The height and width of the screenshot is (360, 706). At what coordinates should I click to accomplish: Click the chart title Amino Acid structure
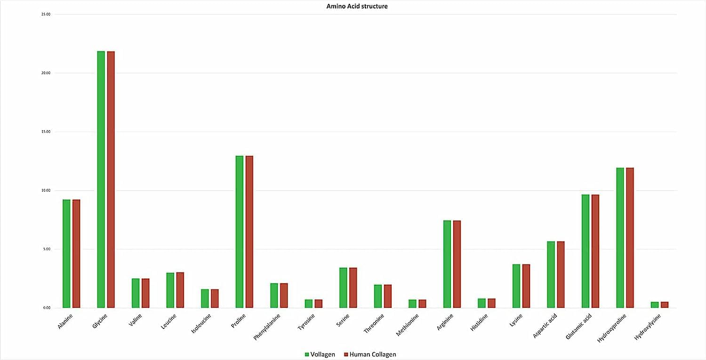tap(357, 7)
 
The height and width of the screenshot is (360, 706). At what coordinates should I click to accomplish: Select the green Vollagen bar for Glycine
tap(101, 179)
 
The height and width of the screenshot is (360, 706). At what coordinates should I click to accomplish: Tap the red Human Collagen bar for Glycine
tap(111, 179)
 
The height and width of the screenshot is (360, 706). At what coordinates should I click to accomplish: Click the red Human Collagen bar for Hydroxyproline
tap(630, 238)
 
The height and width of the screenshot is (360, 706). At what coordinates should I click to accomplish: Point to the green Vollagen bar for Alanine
tap(66, 254)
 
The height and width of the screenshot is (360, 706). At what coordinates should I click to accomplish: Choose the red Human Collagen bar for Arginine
tap(457, 264)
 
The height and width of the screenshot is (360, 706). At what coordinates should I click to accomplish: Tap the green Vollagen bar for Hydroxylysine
tap(655, 305)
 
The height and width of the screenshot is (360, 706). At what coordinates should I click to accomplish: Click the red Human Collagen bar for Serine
tap(353, 288)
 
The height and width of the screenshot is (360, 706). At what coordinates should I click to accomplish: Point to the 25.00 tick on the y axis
tap(46, 15)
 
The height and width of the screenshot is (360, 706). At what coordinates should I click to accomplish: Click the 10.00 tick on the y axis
tap(46, 191)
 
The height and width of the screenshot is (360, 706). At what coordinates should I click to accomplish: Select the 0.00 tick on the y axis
tap(46, 308)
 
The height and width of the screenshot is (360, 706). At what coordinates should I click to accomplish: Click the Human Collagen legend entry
tap(372, 354)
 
